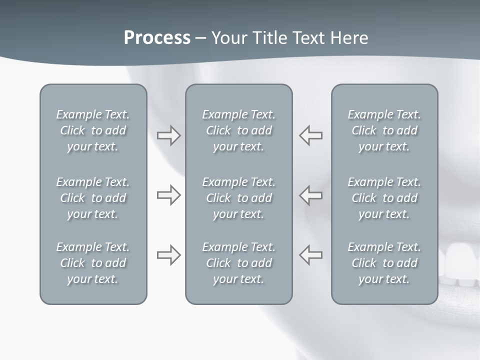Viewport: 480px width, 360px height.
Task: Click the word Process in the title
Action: [x=157, y=38]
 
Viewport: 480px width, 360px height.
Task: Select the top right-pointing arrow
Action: [x=168, y=135]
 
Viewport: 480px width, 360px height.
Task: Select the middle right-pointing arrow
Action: [x=168, y=195]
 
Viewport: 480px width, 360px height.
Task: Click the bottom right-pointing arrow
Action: [x=168, y=255]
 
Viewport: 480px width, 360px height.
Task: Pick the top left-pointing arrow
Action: [x=311, y=135]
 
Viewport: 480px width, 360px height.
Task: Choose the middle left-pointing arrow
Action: [x=311, y=195]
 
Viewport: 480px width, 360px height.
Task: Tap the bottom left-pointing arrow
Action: [x=311, y=255]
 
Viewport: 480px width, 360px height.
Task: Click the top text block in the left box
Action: [x=93, y=130]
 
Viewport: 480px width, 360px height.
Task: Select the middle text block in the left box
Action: [x=93, y=198]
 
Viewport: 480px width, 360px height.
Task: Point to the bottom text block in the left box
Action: [x=93, y=263]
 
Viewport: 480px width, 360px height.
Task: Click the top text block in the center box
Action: [x=238, y=130]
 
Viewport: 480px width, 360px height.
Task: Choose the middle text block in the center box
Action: [x=238, y=198]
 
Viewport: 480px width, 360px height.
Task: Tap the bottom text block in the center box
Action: [x=238, y=263]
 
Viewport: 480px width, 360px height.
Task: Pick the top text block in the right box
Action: [x=384, y=130]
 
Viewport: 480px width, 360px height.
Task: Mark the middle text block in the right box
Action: [x=384, y=198]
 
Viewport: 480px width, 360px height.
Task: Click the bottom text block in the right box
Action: [x=384, y=263]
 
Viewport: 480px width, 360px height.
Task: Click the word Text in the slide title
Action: [x=304, y=38]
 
